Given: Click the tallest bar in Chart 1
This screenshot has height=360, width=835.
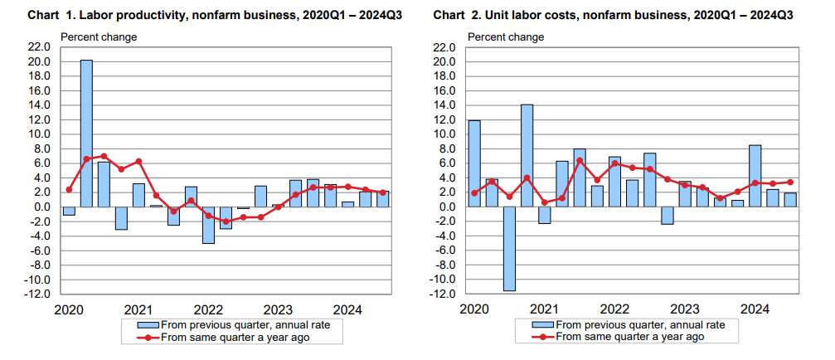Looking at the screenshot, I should pos(86,133).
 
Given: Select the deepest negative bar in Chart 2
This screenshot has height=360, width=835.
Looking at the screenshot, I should pos(509,248).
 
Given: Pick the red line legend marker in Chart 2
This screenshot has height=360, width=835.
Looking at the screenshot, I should pos(544,337).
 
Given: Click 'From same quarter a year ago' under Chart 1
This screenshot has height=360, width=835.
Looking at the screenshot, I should pos(235,337).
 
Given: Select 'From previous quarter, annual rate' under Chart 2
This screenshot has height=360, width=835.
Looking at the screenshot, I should pos(643,324).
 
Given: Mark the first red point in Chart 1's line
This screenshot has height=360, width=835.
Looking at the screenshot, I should pos(69,190).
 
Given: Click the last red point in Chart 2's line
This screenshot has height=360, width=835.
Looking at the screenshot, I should pos(790,182).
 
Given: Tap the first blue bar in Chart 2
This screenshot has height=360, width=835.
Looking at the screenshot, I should pos(474,163).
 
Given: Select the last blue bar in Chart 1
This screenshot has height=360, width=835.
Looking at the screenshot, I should pos(383,198).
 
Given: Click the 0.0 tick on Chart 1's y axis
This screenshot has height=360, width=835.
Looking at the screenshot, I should pos(42,207).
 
